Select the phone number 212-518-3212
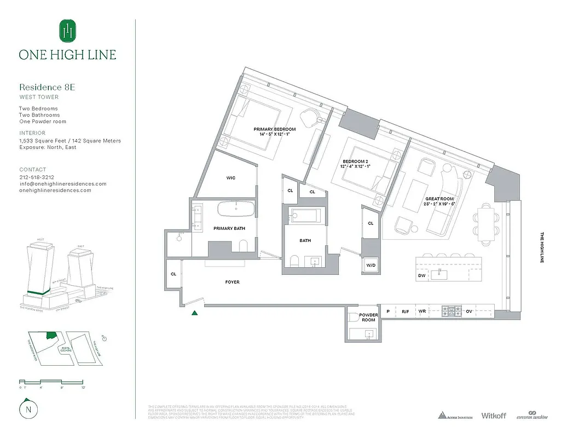tap(37, 177)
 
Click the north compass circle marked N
tap(26, 409)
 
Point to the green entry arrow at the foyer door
tap(194, 313)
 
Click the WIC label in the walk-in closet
tap(231, 178)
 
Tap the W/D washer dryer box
tap(371, 266)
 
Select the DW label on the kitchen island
tap(422, 276)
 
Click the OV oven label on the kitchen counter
tap(469, 312)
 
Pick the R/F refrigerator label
tap(406, 312)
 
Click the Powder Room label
tap(368, 318)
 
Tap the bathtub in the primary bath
tap(236, 209)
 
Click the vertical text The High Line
tap(542, 247)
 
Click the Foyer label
tap(232, 282)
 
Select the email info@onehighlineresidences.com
tap(63, 184)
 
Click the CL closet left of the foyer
tap(173, 274)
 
